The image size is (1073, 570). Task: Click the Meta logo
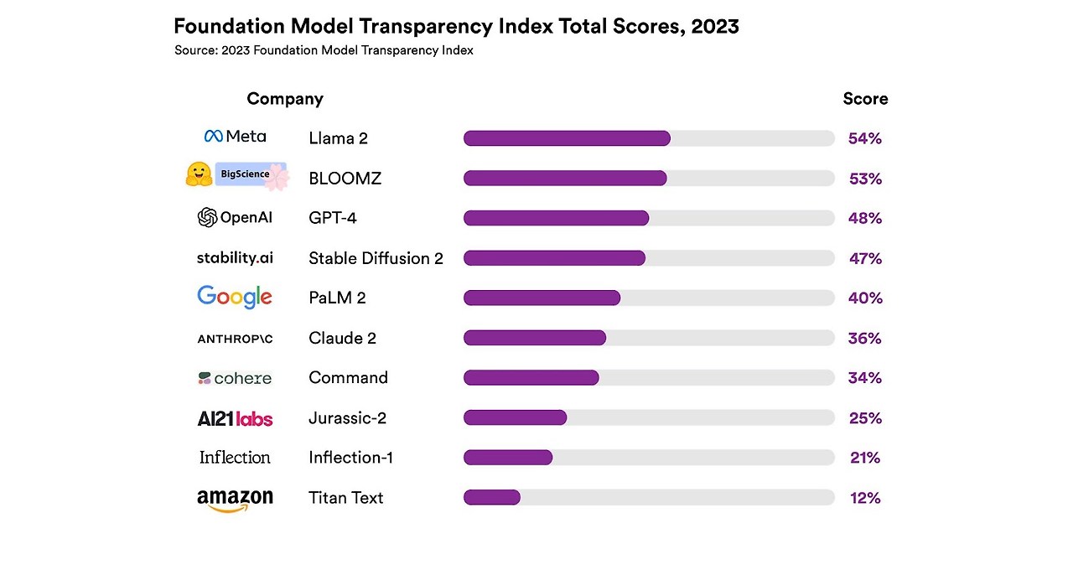point(235,137)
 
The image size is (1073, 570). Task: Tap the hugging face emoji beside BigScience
point(198,174)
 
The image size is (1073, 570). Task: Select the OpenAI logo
point(235,218)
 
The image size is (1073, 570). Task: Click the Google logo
point(235,297)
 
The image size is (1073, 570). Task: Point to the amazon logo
point(235,500)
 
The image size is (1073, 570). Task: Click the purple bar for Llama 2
point(567,138)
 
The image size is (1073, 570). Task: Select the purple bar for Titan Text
point(492,498)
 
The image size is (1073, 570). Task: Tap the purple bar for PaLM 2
point(542,298)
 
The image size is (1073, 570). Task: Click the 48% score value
point(865,218)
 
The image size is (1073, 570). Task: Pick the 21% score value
point(865,458)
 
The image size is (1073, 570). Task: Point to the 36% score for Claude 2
point(865,338)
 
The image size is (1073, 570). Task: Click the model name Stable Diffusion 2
point(376,258)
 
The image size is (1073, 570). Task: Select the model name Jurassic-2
point(347,417)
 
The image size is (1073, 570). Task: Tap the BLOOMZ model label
point(345,179)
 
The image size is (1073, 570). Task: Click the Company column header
point(285,99)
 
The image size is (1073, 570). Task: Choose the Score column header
point(865,99)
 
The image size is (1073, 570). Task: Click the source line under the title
point(324,50)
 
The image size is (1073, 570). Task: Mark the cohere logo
point(235,378)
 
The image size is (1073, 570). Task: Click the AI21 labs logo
point(235,418)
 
